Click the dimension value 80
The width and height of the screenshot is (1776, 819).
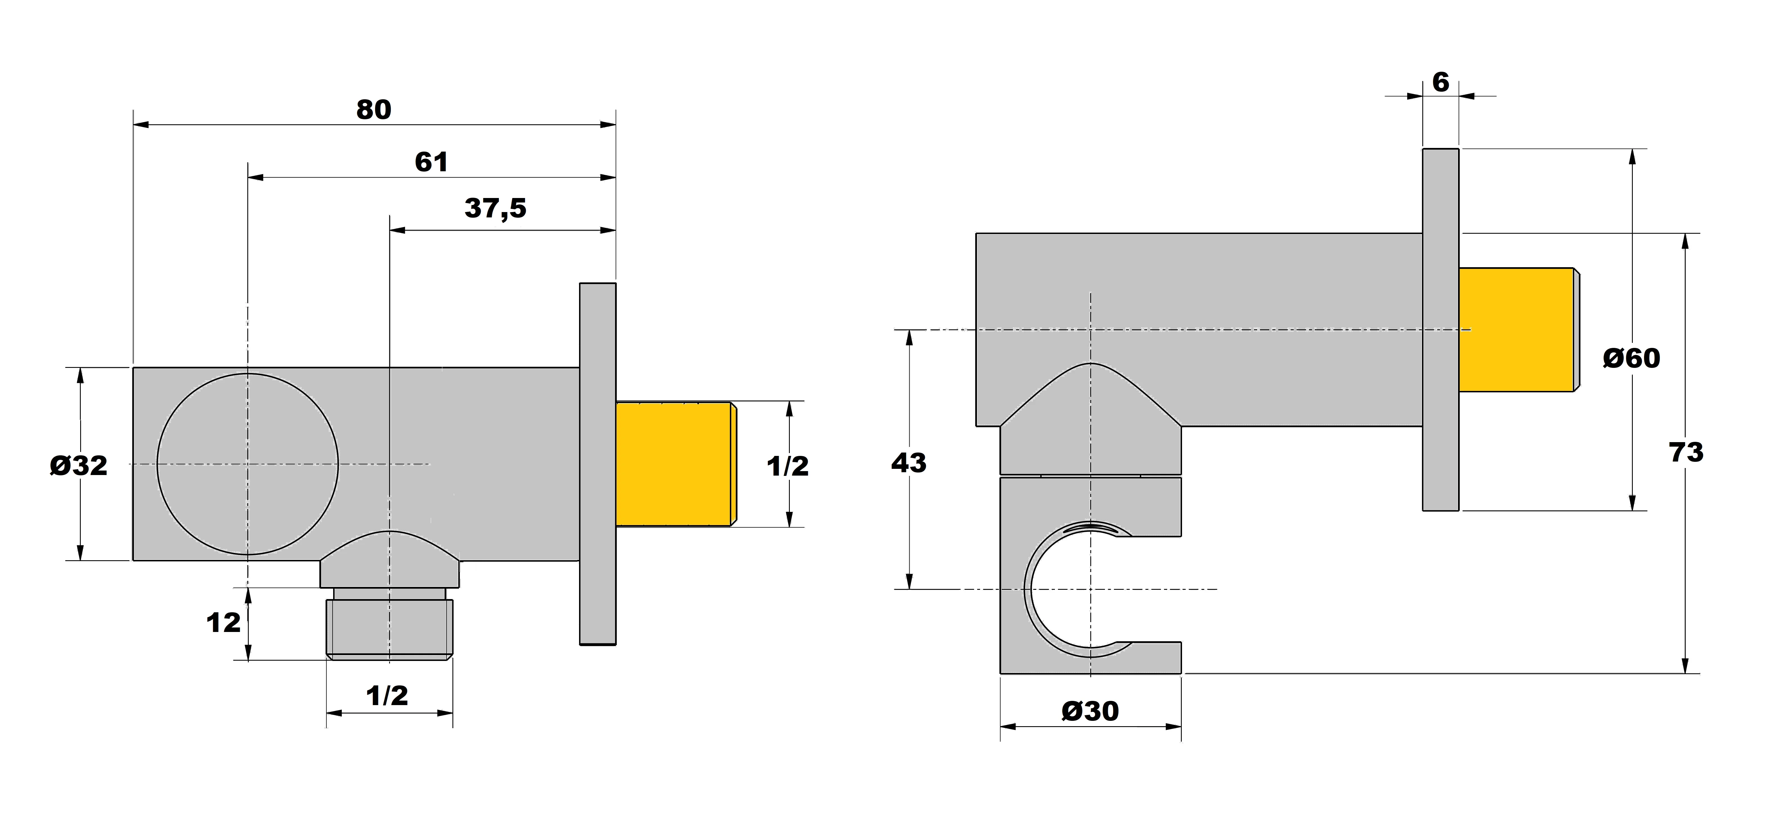point(374,110)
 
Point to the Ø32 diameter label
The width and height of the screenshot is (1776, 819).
point(79,466)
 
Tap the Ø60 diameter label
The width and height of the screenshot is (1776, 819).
point(1631,358)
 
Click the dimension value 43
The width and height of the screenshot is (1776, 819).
point(909,463)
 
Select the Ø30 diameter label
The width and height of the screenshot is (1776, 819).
point(1090,711)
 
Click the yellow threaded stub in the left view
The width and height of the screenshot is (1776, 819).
point(674,464)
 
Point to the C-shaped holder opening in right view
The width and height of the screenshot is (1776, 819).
point(1075,589)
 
